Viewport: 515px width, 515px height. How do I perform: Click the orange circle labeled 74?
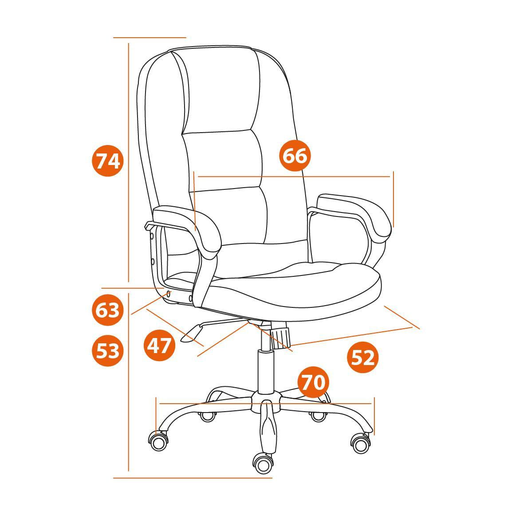point(108,161)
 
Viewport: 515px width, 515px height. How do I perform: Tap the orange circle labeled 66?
point(295,155)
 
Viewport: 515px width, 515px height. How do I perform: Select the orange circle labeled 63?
point(108,310)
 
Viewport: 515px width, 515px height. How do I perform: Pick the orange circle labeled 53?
point(108,350)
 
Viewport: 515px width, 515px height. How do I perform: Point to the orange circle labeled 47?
point(160,345)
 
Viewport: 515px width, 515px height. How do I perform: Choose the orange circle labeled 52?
point(363,358)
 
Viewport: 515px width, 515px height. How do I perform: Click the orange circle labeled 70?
point(313,382)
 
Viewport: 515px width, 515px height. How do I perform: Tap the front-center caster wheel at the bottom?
point(263,464)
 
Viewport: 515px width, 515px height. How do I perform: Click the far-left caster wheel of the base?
point(159,441)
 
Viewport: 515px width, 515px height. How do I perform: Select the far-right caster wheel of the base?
point(361,444)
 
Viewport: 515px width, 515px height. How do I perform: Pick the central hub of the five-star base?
point(266,401)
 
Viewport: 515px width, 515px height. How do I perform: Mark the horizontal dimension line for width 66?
point(294,177)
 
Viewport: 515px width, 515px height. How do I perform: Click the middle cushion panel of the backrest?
point(223,161)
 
